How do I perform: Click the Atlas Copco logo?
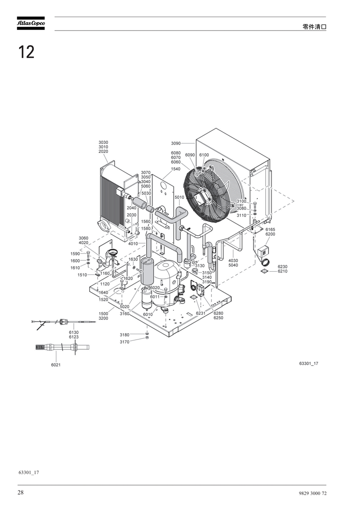pos(31,23)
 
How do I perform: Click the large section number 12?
pos(26,52)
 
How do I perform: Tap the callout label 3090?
pos(176,143)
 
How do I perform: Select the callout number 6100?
pos(204,155)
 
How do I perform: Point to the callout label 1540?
pos(175,169)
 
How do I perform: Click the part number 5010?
pos(180,197)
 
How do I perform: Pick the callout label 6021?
pos(55,365)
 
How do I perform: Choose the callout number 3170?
pos(125,342)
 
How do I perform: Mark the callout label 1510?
pos(82,275)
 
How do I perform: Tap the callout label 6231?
pos(200,313)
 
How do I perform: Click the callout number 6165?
pos(270,230)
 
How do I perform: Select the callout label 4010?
pos(133,243)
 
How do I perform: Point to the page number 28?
pos(20,492)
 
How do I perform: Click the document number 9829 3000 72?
pos(313,493)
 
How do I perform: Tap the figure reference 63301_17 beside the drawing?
pos(309,364)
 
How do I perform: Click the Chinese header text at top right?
pos(314,27)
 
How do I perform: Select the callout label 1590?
pos(75,254)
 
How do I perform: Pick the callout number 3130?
pos(200,266)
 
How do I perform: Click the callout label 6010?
pos(148,315)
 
